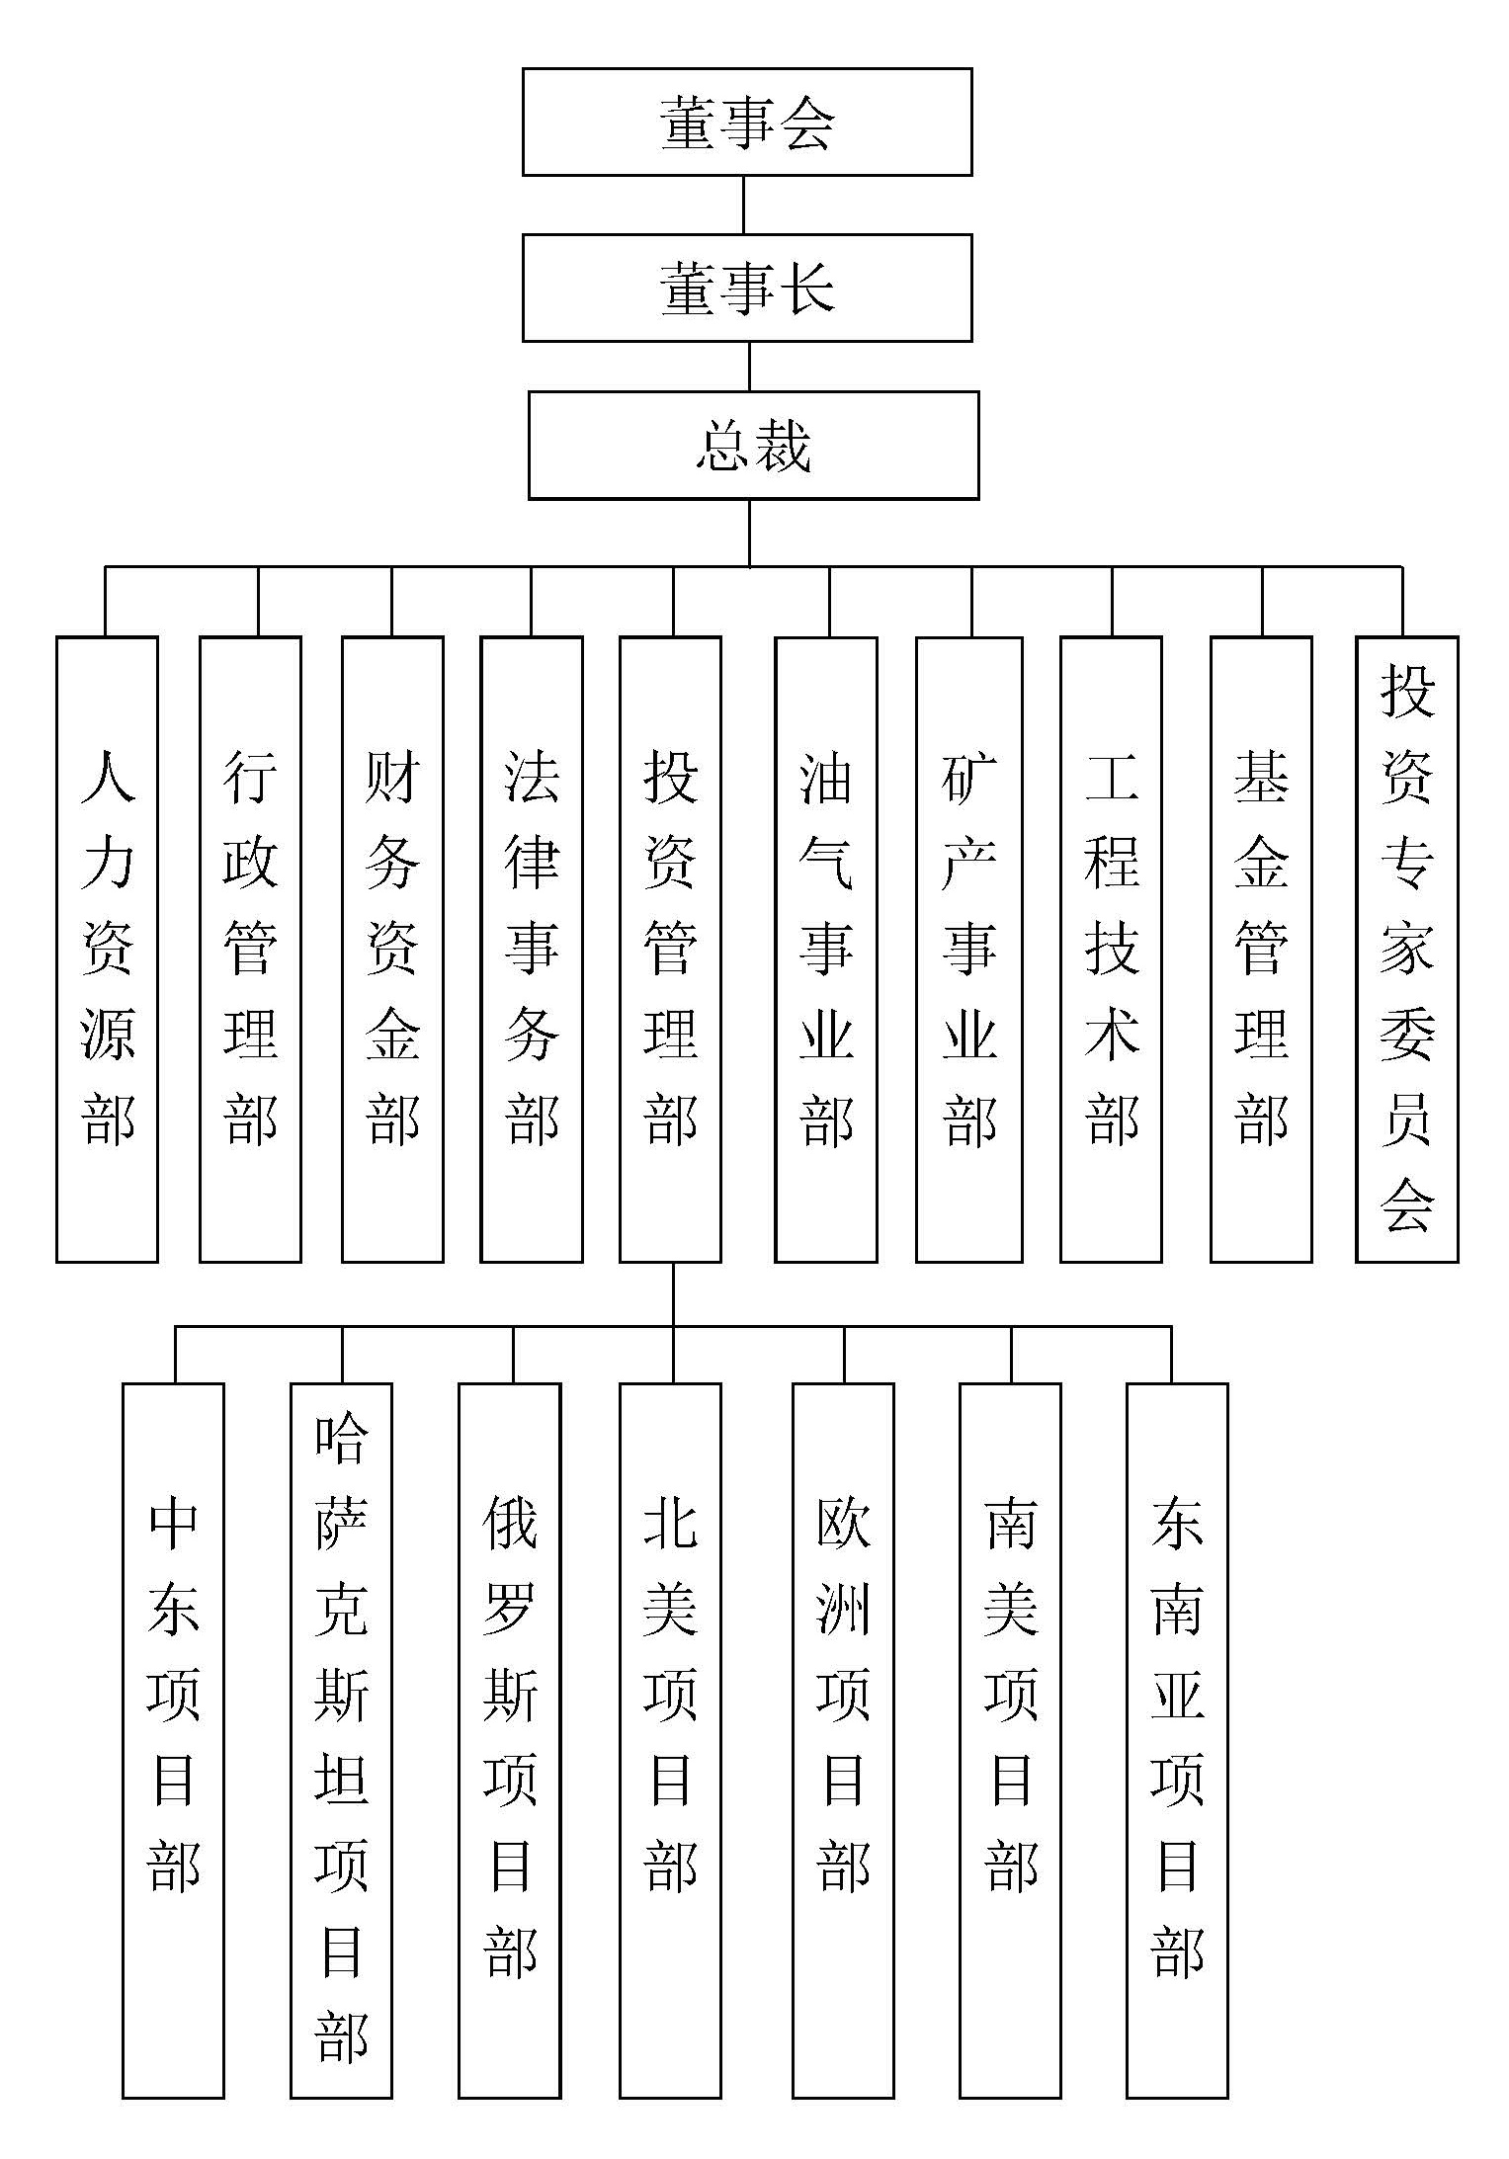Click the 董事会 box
click(x=747, y=122)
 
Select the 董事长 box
click(x=747, y=288)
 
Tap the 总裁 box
click(x=753, y=445)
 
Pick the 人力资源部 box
click(x=107, y=949)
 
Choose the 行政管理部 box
click(x=250, y=949)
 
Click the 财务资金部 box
click(x=392, y=949)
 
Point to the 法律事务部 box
click(x=532, y=949)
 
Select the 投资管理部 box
click(x=670, y=949)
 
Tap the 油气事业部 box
click(x=826, y=949)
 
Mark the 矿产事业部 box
click(x=968, y=949)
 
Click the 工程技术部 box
click(x=1111, y=949)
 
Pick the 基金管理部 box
click(x=1261, y=949)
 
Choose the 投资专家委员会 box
click(x=1406, y=949)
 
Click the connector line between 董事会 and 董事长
click(x=744, y=205)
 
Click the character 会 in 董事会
click(x=807, y=123)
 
